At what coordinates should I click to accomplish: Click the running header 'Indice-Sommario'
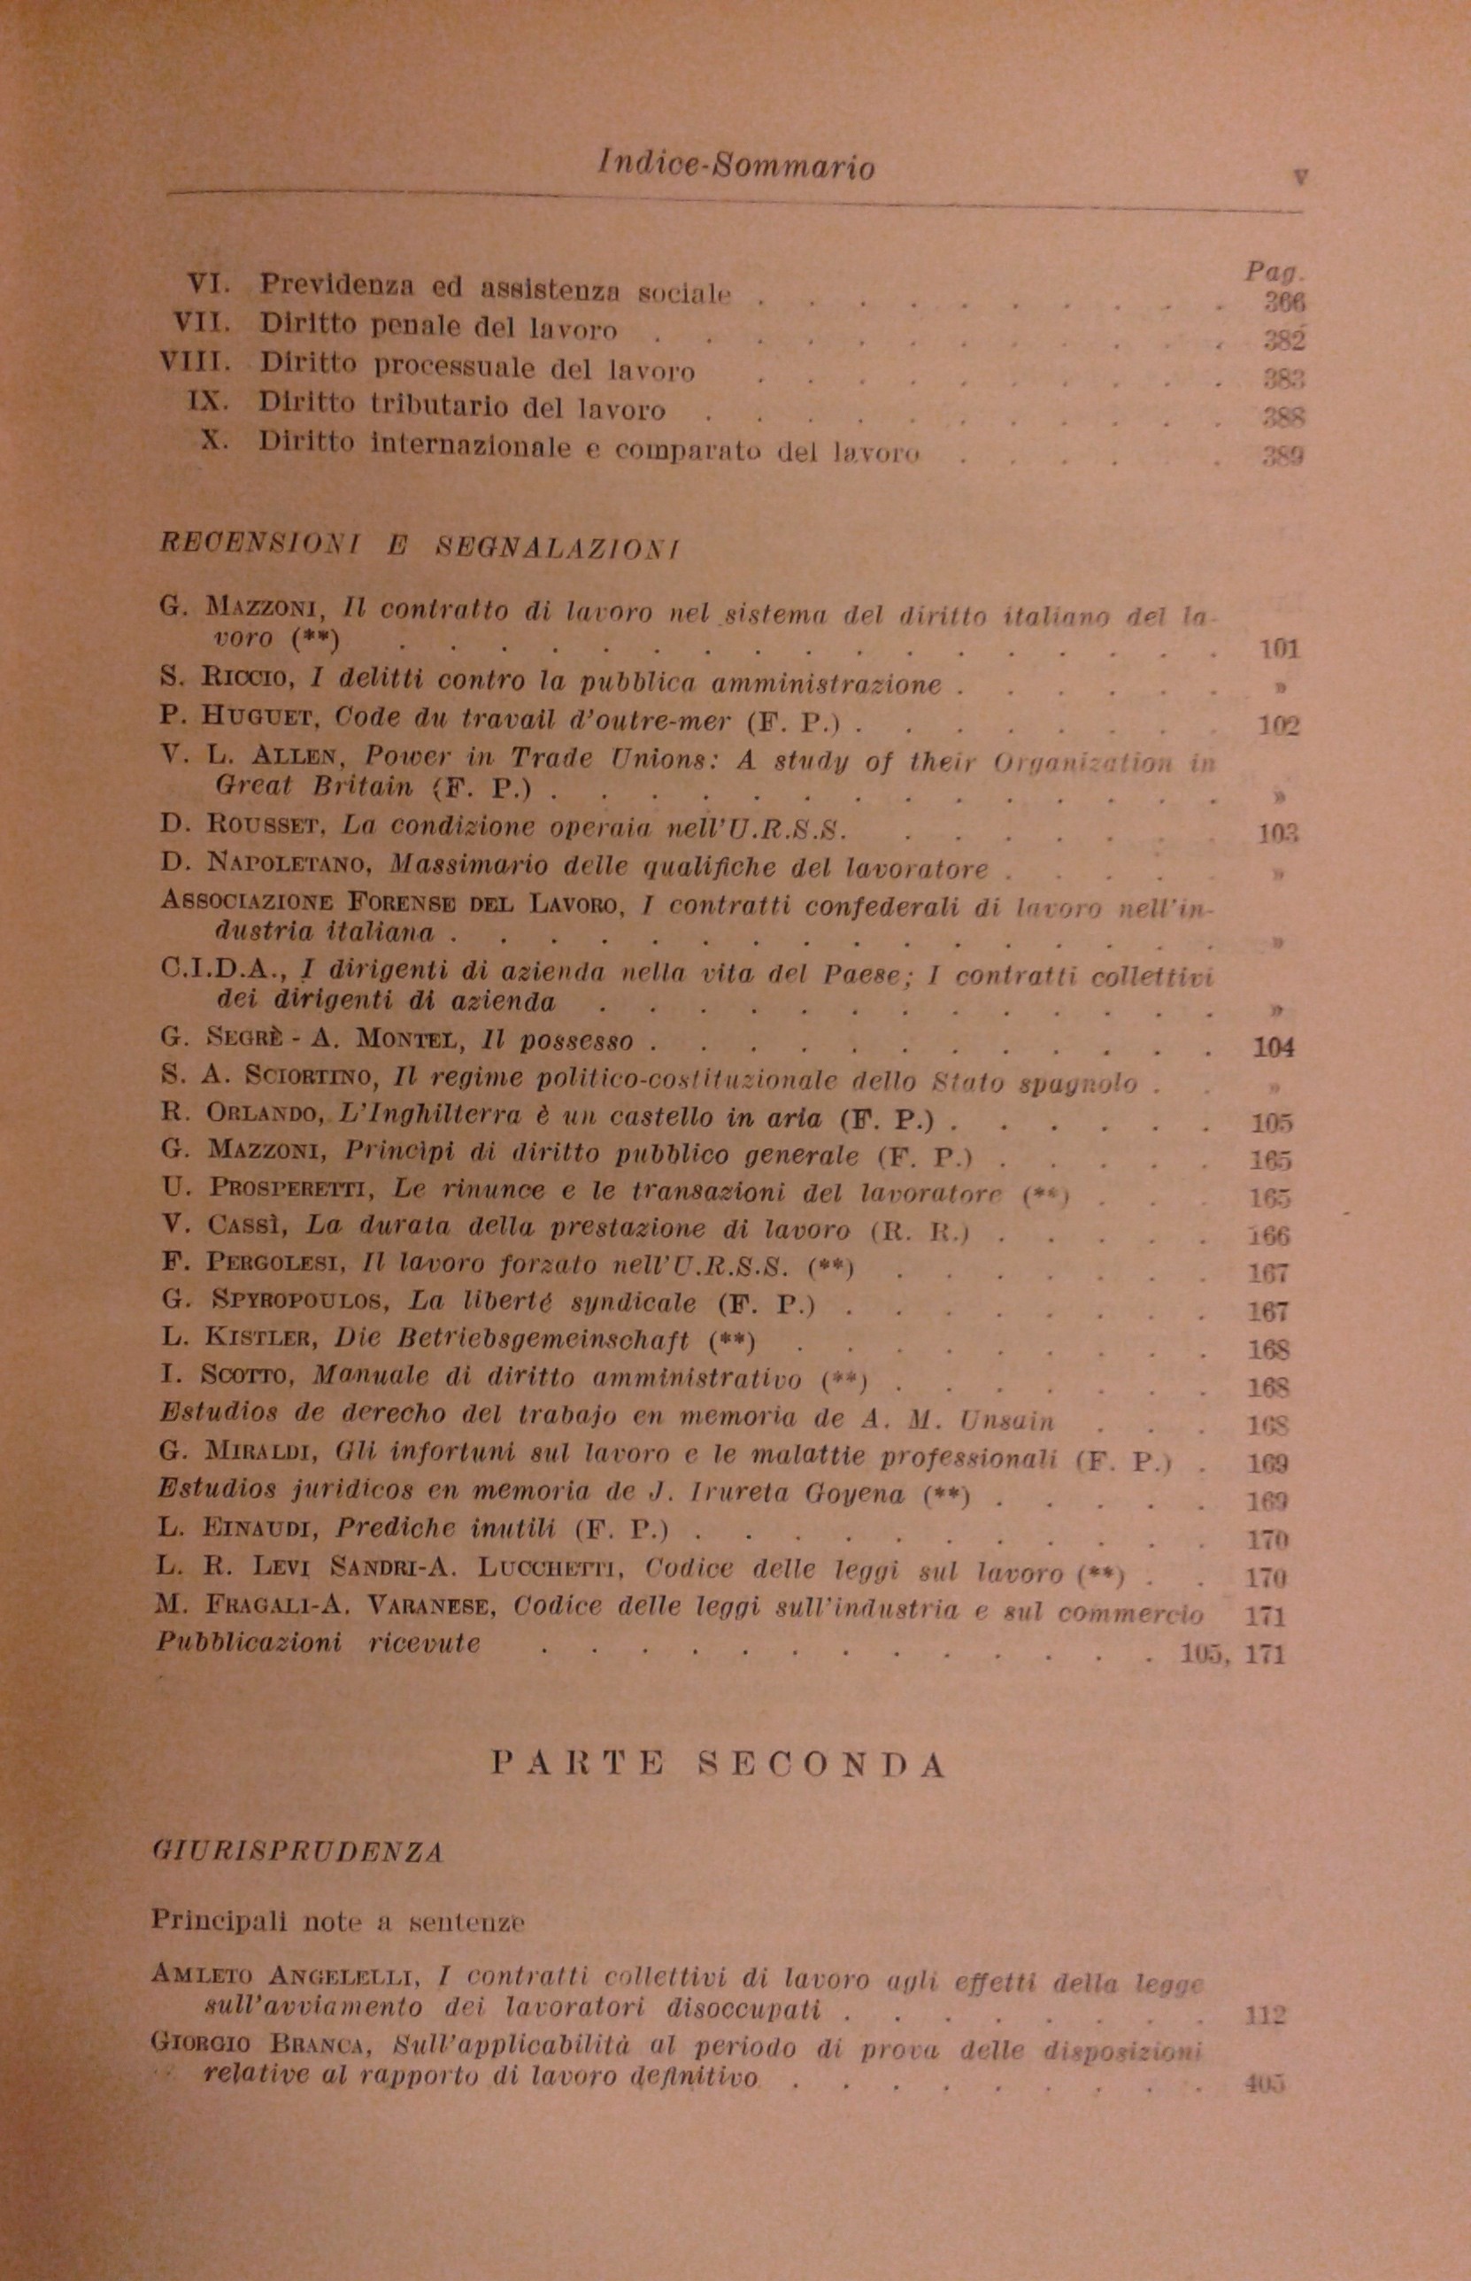pos(735,167)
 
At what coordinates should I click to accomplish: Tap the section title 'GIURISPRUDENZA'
pos(297,1877)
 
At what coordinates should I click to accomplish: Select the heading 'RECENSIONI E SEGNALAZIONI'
pos(419,545)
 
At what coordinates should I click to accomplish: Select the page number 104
pos(1273,1048)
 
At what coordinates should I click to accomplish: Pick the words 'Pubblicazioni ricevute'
pos(319,1643)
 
